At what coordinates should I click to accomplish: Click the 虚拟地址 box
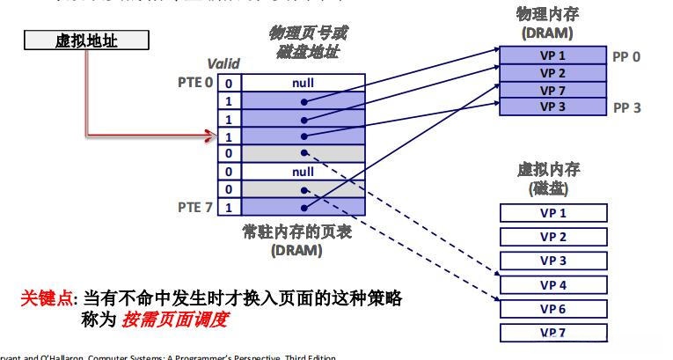pos(86,40)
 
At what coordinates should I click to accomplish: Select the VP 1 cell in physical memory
pos(552,55)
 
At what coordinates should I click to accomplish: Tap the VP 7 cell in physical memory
pos(552,90)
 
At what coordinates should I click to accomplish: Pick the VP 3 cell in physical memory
pos(552,107)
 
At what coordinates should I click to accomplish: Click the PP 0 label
pos(626,55)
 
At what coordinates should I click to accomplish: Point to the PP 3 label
pos(626,107)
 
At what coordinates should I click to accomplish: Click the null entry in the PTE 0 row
pos(303,84)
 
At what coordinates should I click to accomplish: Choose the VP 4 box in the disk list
pos(552,285)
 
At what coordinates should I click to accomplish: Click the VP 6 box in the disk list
pos(552,309)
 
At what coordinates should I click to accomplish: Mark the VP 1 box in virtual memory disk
pos(552,213)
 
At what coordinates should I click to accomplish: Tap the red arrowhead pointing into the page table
pos(209,136)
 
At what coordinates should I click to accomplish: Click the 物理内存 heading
pos(547,15)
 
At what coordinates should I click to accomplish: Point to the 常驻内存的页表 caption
pos(296,231)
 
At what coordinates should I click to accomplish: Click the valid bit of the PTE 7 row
pos(229,208)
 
